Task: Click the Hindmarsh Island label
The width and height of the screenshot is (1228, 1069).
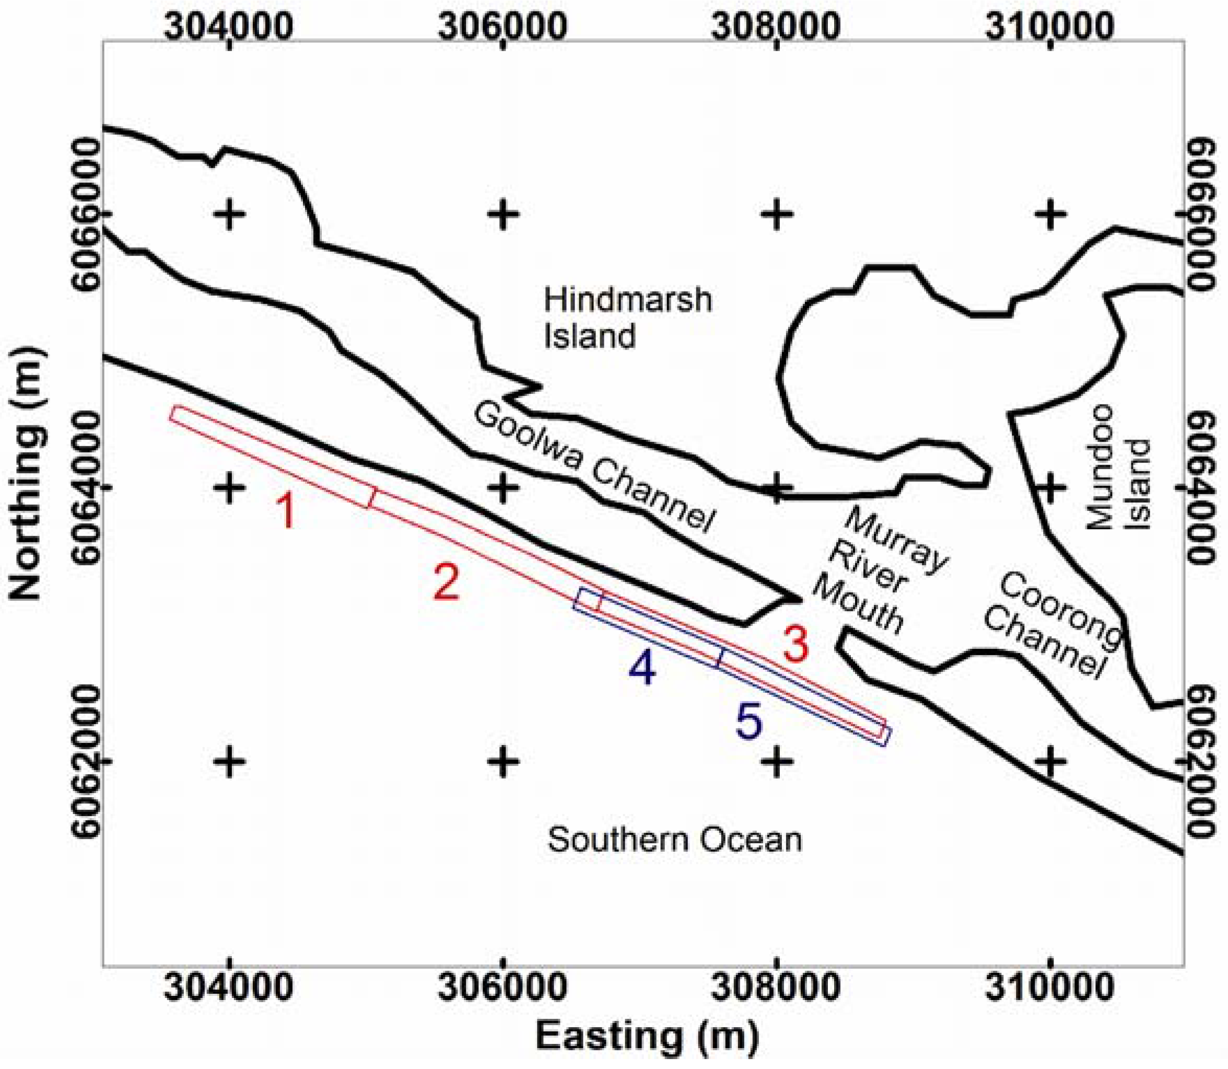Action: [627, 318]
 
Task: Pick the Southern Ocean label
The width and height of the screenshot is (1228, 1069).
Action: [674, 840]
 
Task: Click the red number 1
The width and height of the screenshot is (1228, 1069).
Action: [287, 511]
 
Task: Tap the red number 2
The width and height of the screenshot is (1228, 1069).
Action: [446, 583]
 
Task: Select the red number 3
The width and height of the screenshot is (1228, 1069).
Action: [796, 645]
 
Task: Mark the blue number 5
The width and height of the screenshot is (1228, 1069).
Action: [749, 721]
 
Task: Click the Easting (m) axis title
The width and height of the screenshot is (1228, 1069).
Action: [647, 1037]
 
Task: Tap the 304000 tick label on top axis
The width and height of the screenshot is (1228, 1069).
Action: [229, 26]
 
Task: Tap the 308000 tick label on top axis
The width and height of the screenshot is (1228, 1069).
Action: [776, 26]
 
